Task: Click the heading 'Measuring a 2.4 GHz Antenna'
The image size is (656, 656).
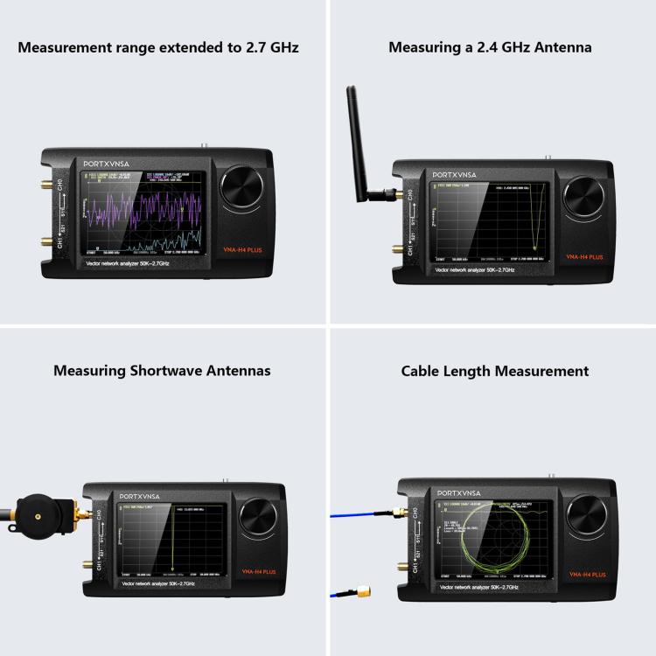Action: (490, 47)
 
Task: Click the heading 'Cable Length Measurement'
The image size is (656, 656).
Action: (495, 371)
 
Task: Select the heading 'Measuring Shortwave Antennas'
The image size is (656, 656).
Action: (162, 371)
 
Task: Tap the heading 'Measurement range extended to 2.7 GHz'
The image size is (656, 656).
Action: (158, 47)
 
